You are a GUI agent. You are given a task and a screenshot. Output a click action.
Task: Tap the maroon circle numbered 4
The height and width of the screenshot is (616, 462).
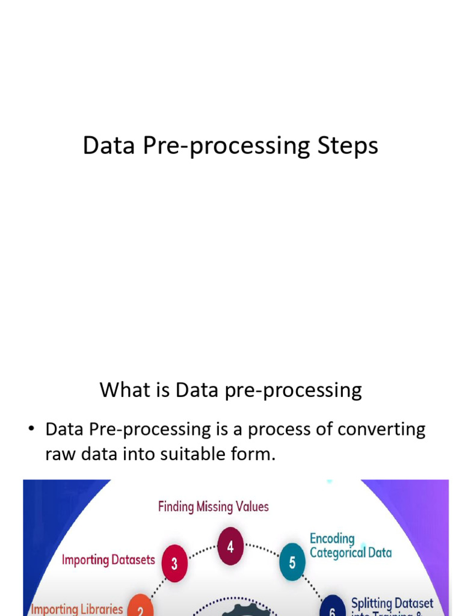pyautogui.click(x=230, y=546)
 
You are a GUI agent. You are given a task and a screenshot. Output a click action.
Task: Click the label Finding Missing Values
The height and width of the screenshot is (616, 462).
pyautogui.click(x=214, y=507)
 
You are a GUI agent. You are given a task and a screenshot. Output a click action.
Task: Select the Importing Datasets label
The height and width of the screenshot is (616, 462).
pyautogui.click(x=108, y=560)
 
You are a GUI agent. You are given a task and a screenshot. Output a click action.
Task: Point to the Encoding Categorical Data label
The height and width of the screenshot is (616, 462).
pyautogui.click(x=350, y=546)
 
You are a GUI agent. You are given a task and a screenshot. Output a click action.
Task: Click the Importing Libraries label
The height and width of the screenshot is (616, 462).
pyautogui.click(x=77, y=609)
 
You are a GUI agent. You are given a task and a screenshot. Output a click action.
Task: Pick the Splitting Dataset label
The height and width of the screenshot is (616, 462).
pyautogui.click(x=392, y=603)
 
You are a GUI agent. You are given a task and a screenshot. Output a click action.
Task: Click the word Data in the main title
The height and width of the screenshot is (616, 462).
pyautogui.click(x=108, y=146)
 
